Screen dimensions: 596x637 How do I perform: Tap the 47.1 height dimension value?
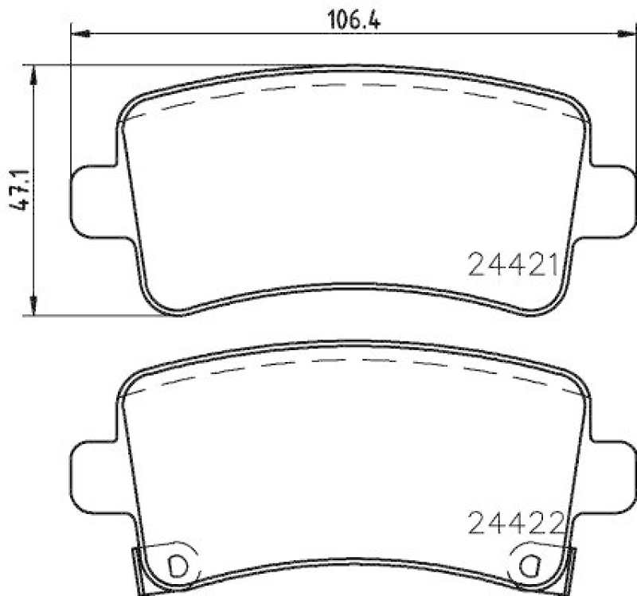point(19,191)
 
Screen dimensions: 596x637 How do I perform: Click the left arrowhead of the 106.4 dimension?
point(79,33)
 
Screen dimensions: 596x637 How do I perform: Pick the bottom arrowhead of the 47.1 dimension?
point(33,306)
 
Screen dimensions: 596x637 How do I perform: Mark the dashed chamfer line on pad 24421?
point(350,85)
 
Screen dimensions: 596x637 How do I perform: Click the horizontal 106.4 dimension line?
point(239,33)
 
